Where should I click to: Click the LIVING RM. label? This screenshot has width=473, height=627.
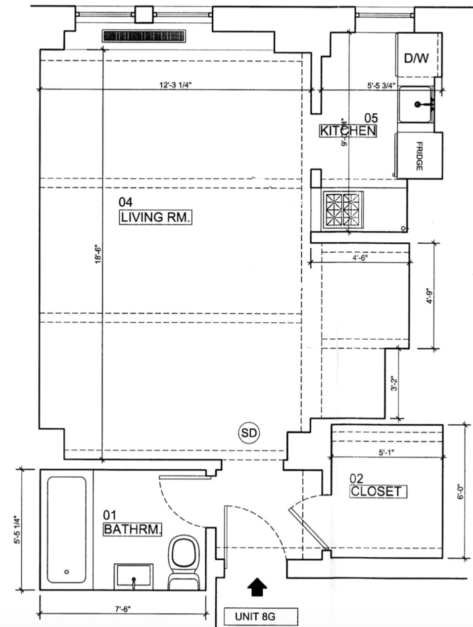[x=155, y=217]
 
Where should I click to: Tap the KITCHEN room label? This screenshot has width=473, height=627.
[x=347, y=131]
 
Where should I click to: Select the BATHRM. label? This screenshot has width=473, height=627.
[x=132, y=529]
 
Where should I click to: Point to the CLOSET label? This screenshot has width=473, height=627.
[x=378, y=492]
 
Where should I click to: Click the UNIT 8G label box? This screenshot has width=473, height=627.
[x=261, y=617]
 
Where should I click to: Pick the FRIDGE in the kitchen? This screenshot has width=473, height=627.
[x=419, y=156]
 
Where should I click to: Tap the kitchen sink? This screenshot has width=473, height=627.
[x=416, y=104]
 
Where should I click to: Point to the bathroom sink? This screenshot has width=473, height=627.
[x=134, y=576]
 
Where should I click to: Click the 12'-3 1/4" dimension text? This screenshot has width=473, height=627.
[x=174, y=85]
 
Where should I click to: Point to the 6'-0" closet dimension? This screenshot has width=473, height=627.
[x=461, y=493]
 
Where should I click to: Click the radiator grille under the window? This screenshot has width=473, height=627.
[x=143, y=36]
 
